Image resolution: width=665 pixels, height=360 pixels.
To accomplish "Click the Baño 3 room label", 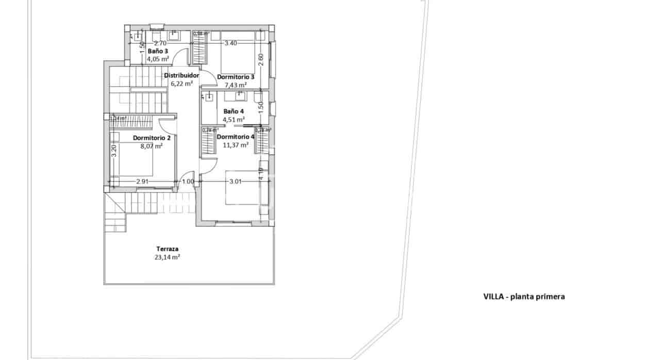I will (x=158, y=51).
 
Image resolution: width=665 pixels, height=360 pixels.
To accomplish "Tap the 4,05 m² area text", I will (x=158, y=59).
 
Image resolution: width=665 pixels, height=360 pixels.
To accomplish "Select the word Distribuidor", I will (x=181, y=75).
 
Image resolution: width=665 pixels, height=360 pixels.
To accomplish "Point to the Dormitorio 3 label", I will (x=236, y=77).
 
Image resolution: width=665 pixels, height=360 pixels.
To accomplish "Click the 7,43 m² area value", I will (x=236, y=85).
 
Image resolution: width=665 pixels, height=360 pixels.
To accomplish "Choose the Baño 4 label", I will (x=234, y=111).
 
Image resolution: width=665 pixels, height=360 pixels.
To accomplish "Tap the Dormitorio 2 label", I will (x=152, y=138).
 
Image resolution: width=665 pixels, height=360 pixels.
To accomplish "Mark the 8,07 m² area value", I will (x=152, y=146).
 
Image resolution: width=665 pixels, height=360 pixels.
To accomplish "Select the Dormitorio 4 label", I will (x=236, y=137).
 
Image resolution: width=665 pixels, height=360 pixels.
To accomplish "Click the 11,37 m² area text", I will (x=236, y=145).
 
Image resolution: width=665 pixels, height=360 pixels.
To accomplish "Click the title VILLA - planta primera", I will (x=524, y=297).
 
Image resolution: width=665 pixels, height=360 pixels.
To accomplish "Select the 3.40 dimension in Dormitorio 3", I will (x=230, y=43).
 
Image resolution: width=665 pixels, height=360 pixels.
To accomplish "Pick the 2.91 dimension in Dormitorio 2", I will (x=143, y=182).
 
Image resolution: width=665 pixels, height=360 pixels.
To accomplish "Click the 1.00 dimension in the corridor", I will (x=188, y=182).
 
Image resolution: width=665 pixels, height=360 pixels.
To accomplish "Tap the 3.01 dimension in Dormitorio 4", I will (x=235, y=181).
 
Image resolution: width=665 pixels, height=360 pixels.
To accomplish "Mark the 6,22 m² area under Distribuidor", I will (x=181, y=83).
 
